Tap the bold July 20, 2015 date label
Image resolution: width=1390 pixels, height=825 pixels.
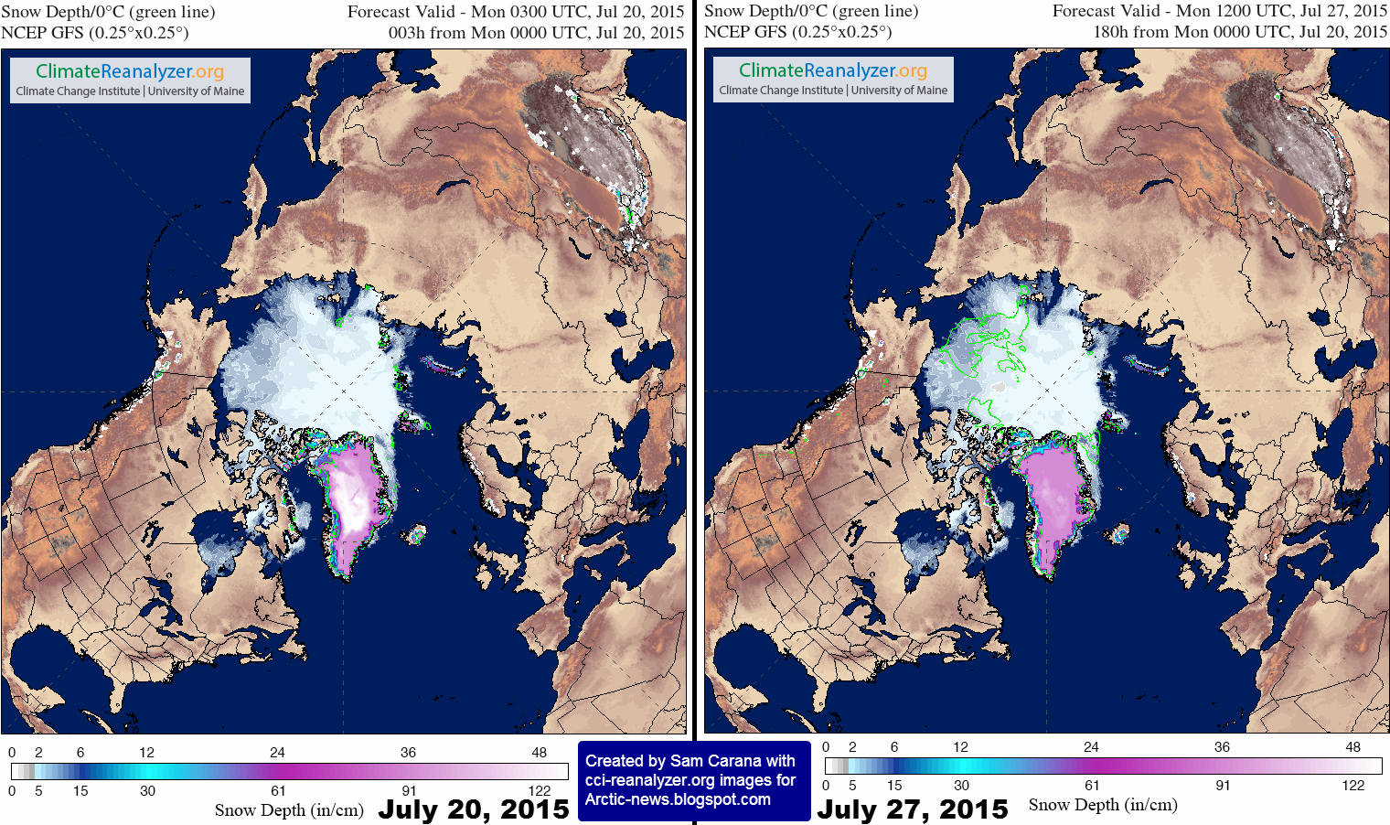474,809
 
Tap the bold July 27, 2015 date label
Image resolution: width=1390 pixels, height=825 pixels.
912,809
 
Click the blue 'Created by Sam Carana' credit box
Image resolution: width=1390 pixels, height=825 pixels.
693,780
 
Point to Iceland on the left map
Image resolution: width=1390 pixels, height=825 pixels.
416,533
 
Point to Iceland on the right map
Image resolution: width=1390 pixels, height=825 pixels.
1119,533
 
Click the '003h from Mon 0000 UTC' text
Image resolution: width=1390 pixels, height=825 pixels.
536,32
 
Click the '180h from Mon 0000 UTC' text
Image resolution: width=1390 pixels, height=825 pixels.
1240,32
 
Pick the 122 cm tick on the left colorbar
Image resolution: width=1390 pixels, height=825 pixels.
540,791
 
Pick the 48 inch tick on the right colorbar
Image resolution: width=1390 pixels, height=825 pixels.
1353,747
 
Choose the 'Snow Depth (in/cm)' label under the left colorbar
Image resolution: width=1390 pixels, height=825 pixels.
289,810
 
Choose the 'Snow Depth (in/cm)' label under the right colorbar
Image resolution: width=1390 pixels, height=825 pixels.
1103,805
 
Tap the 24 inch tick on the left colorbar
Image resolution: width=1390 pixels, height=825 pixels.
277,753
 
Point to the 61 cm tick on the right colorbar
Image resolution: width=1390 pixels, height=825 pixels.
1092,786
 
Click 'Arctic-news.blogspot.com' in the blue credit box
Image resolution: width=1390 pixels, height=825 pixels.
678,799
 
